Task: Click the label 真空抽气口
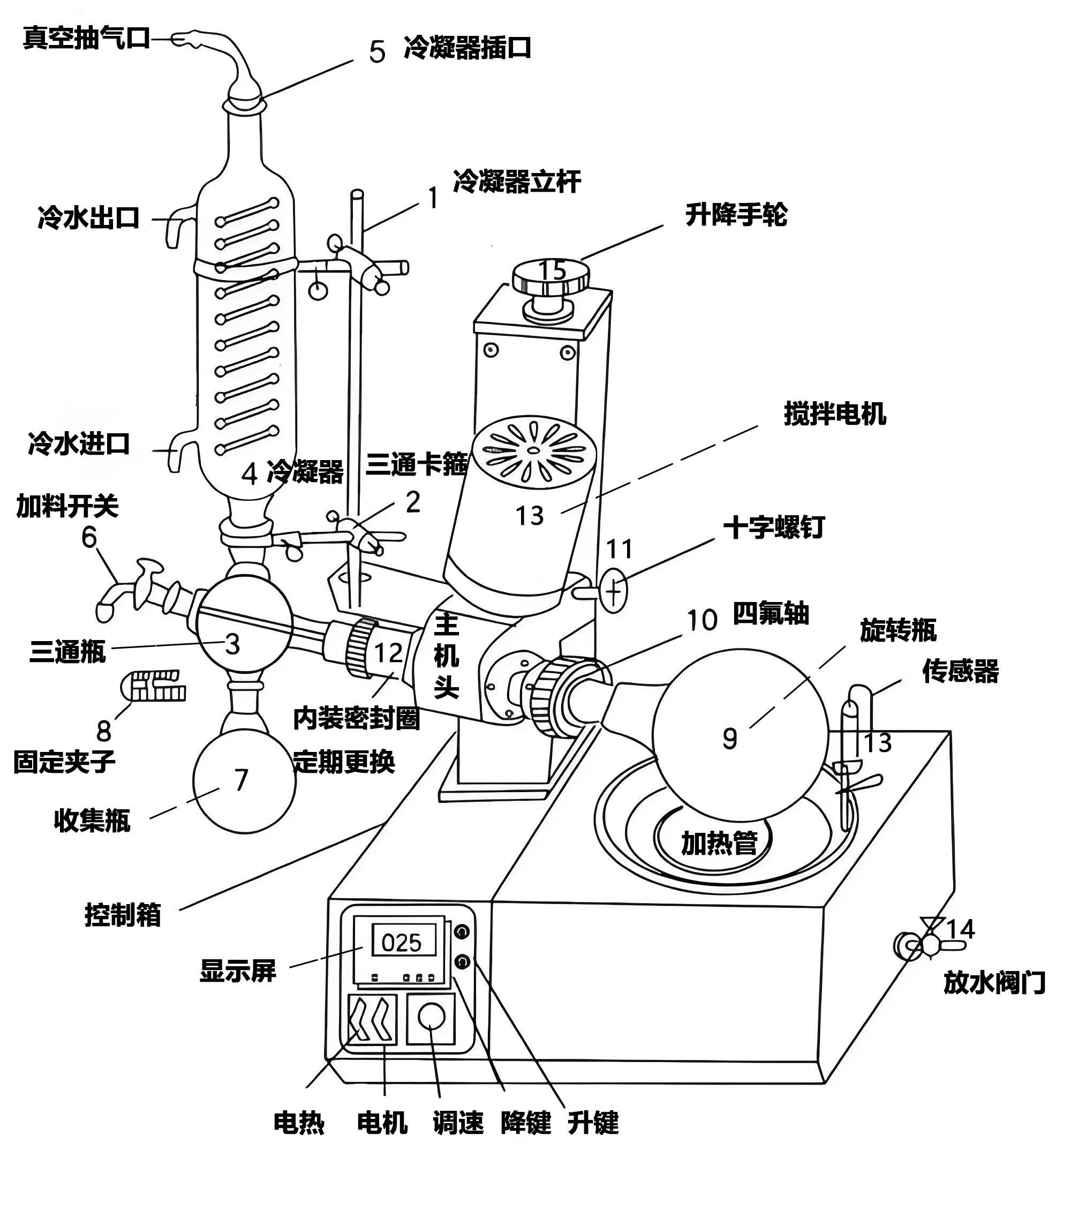pos(86,39)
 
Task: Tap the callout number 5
pos(377,52)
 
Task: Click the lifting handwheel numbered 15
pos(551,279)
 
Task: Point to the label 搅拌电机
pos(834,414)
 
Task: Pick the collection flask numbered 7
pos(244,781)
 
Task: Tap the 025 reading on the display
pos(401,943)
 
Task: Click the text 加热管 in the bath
pos(719,843)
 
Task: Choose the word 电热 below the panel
pos(299,1123)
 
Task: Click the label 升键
pos(593,1123)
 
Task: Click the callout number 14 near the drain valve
pos(960,929)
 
